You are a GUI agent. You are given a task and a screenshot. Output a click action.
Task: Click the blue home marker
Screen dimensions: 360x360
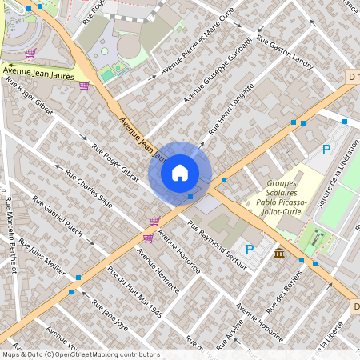pyautogui.click(x=180, y=173)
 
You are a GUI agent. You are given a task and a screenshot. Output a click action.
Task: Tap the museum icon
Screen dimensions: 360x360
pyautogui.click(x=278, y=254)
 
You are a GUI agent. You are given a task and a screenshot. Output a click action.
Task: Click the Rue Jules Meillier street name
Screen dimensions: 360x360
pyautogui.click(x=42, y=255)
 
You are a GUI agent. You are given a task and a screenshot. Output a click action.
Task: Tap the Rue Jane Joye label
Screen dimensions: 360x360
pyautogui.click(x=110, y=315)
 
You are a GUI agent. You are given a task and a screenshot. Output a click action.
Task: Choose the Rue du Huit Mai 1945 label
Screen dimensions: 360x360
pyautogui.click(x=134, y=292)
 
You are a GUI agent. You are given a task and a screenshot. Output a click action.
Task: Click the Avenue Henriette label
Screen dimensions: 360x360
pyautogui.click(x=158, y=268)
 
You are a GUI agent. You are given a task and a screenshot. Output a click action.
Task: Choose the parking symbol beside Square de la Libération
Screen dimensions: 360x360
pyautogui.click(x=326, y=150)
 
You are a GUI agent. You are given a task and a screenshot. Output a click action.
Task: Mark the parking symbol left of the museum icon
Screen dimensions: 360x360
pyautogui.click(x=250, y=250)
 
